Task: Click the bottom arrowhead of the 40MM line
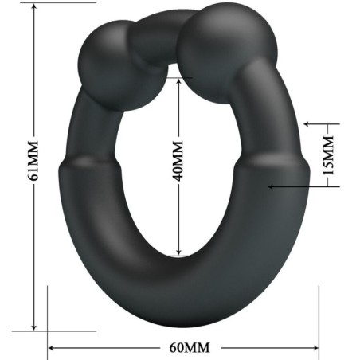click(x=178, y=253)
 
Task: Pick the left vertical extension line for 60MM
click(x=48, y=315)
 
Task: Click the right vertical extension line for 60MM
click(x=319, y=315)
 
